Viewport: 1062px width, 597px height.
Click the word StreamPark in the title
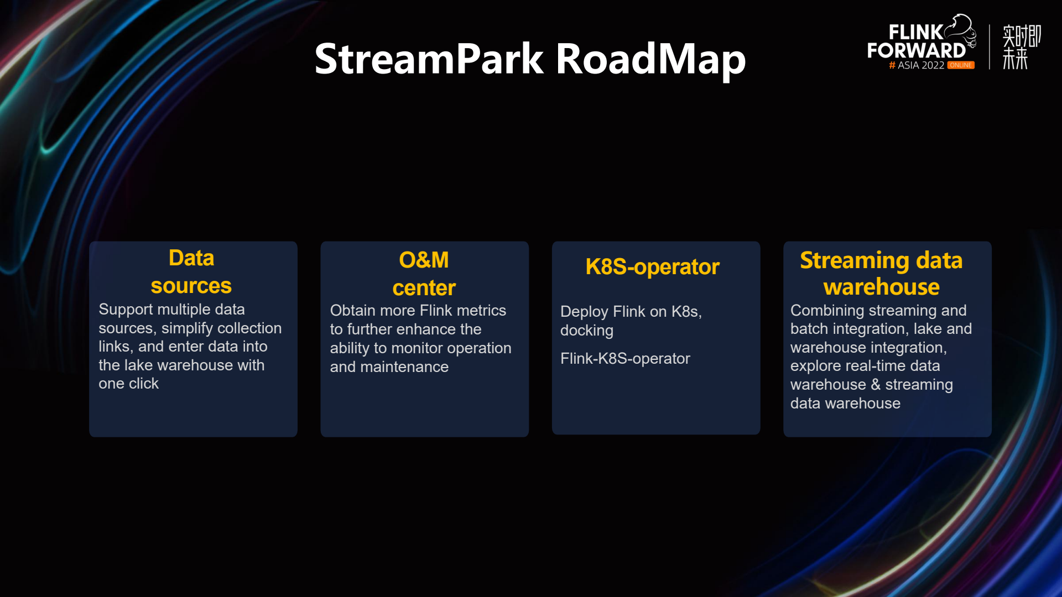pos(429,59)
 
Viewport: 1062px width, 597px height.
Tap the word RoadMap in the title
pos(650,59)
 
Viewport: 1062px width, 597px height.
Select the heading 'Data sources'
pos(191,272)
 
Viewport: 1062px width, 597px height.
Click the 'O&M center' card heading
pos(424,274)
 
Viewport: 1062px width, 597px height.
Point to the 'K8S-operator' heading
pos(652,267)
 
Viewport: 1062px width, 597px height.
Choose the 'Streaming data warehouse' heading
pos(881,274)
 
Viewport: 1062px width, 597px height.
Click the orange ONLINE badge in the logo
pos(961,65)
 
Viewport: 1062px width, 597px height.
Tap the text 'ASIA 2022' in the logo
pos(921,65)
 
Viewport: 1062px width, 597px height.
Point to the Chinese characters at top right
pos(1021,47)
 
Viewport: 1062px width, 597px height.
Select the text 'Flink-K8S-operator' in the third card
pos(625,359)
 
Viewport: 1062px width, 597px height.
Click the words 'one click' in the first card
pos(128,384)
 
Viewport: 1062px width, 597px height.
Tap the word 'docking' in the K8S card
pos(587,331)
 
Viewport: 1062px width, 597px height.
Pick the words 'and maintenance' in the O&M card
pos(389,367)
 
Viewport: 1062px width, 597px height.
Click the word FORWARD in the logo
pos(916,51)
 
